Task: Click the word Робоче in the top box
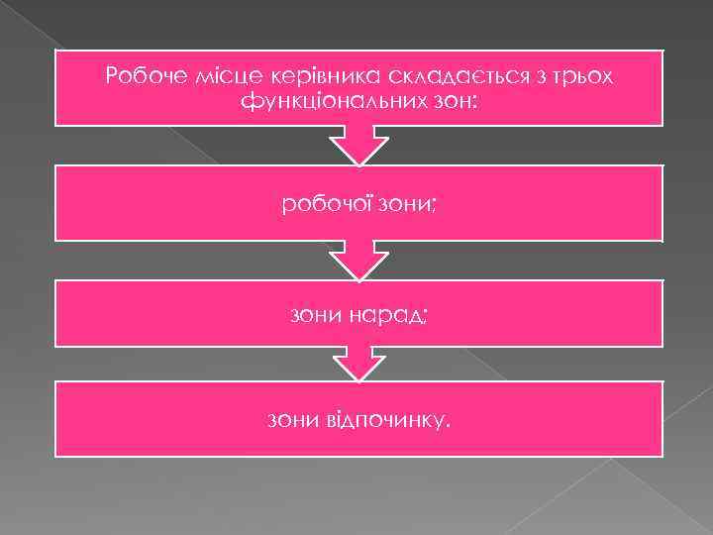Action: [139, 76]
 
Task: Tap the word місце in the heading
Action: [207, 76]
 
